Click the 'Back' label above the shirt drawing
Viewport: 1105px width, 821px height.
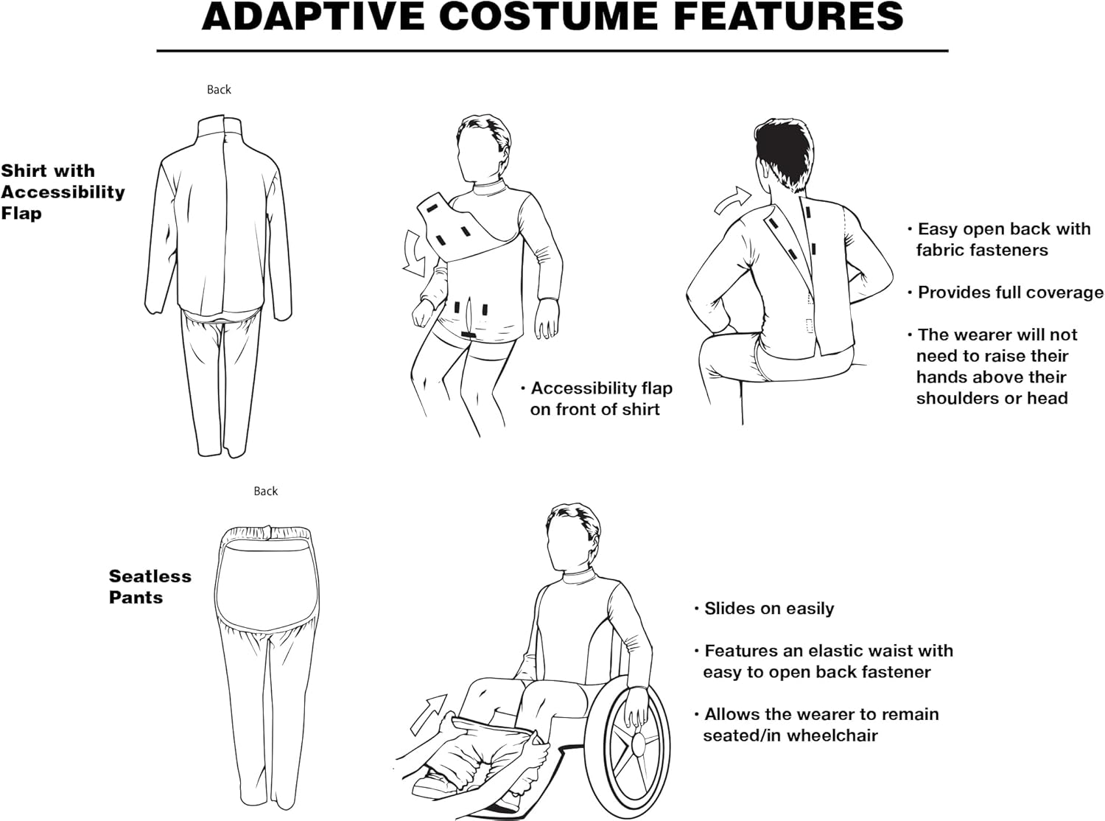click(219, 90)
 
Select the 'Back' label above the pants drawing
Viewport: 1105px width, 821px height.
click(265, 492)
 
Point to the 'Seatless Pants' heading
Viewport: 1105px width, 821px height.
click(150, 587)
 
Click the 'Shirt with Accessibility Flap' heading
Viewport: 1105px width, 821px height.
click(63, 192)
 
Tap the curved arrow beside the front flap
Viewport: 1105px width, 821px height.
click(415, 253)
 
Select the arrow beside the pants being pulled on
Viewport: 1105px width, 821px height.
click(429, 713)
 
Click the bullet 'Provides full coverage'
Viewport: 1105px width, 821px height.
click(1009, 293)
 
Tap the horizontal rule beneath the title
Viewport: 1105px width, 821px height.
click(552, 51)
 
